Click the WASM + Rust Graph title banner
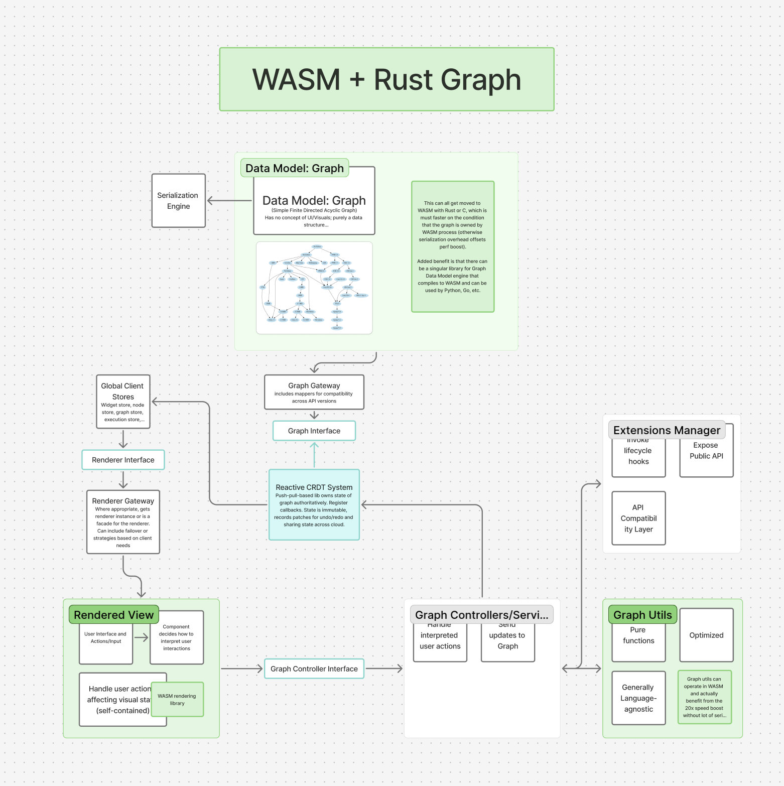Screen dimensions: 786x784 point(386,79)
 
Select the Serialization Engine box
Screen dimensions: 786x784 point(178,201)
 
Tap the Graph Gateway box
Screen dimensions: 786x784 point(314,392)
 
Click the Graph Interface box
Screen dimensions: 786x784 point(314,431)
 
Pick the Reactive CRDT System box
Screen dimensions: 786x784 point(314,504)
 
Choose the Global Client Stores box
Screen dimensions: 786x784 point(123,402)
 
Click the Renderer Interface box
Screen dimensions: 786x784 point(123,460)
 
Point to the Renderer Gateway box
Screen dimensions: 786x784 point(123,522)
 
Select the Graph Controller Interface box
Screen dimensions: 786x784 point(314,669)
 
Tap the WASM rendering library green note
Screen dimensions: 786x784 point(177,699)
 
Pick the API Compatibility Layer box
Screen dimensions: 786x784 point(638,518)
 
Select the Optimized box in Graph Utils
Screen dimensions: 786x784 point(706,635)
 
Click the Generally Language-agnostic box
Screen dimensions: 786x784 point(638,698)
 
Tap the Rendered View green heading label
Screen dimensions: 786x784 point(113,615)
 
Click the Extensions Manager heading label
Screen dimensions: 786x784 point(667,430)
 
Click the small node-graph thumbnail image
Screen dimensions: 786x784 point(314,288)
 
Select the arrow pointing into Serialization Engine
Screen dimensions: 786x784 point(229,201)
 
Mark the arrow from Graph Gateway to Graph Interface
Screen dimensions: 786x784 point(314,415)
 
